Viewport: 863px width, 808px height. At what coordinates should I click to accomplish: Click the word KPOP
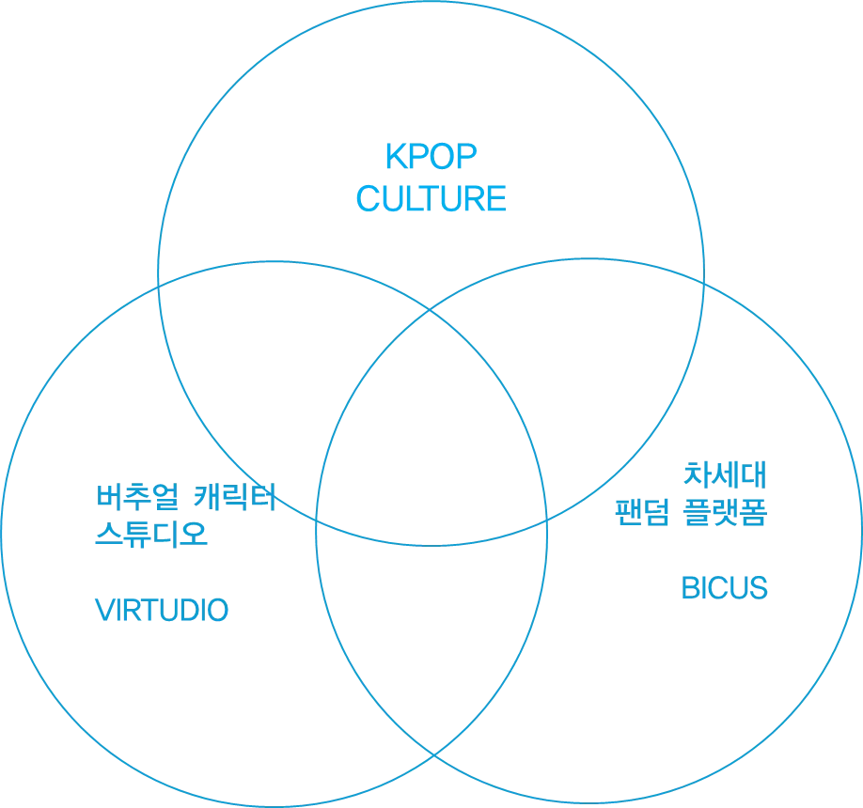431,156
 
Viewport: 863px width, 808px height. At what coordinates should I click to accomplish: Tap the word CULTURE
431,200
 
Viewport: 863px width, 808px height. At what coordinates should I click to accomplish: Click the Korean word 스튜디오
150,536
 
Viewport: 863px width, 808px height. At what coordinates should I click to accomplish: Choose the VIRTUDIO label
164,611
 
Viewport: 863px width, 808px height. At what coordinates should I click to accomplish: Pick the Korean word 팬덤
641,512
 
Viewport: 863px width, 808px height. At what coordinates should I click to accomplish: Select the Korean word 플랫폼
723,512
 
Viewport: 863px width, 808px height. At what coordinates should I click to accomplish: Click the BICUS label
724,589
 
